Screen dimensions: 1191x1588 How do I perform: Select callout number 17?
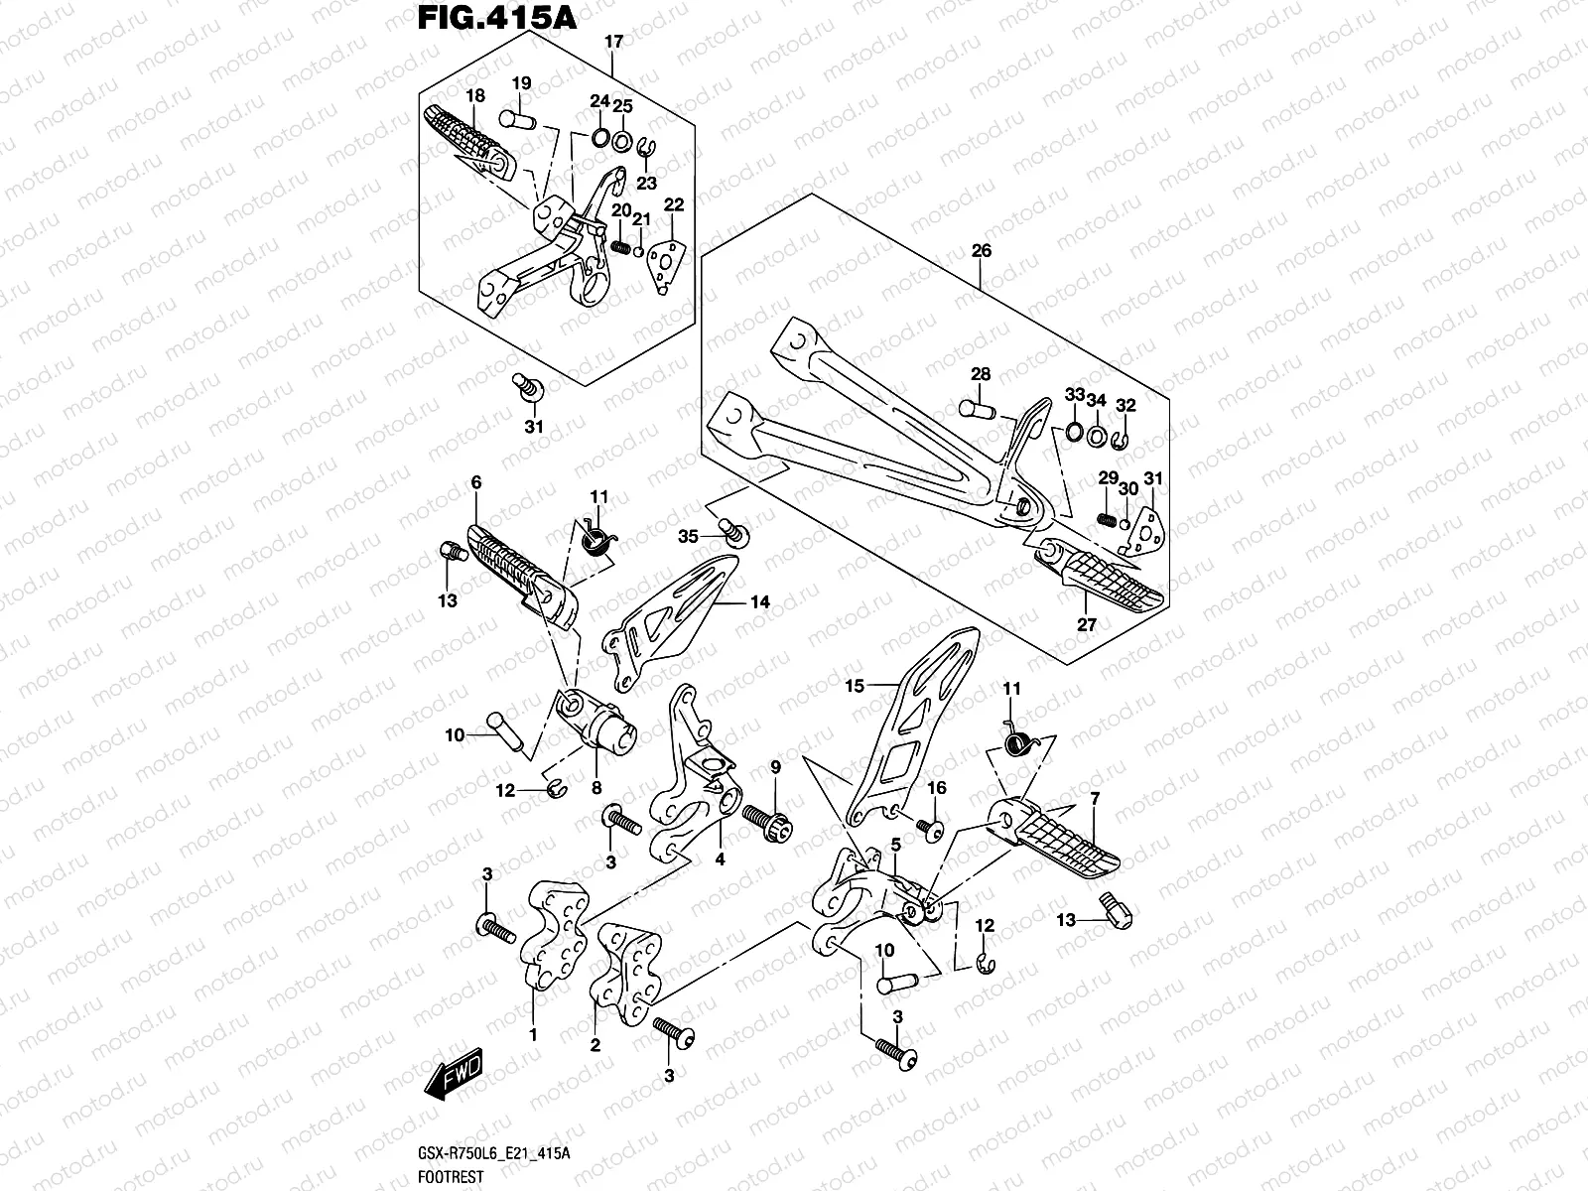[x=613, y=42]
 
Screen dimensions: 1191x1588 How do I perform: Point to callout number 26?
[x=981, y=251]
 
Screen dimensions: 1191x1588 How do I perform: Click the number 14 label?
[x=759, y=601]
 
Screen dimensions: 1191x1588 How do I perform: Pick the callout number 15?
[x=855, y=685]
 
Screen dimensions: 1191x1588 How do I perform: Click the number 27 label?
[x=1087, y=625]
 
